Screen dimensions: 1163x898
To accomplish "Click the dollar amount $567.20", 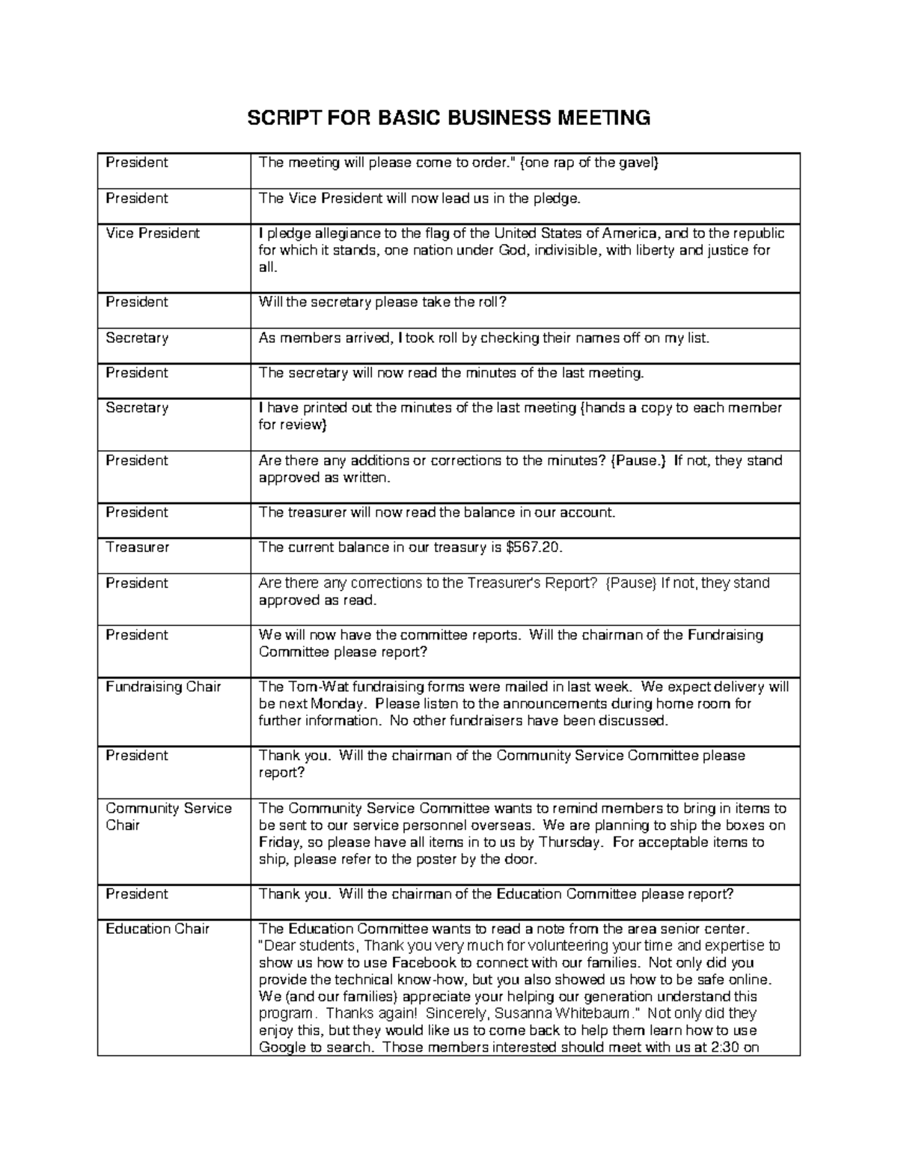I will point(533,547).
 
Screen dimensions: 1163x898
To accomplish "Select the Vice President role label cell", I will point(153,233).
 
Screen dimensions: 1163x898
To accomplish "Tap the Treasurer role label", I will point(138,547).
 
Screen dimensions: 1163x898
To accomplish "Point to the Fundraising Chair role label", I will point(163,687).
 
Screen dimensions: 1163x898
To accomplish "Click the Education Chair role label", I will point(157,929).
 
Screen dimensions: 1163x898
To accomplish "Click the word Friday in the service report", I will point(278,842).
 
